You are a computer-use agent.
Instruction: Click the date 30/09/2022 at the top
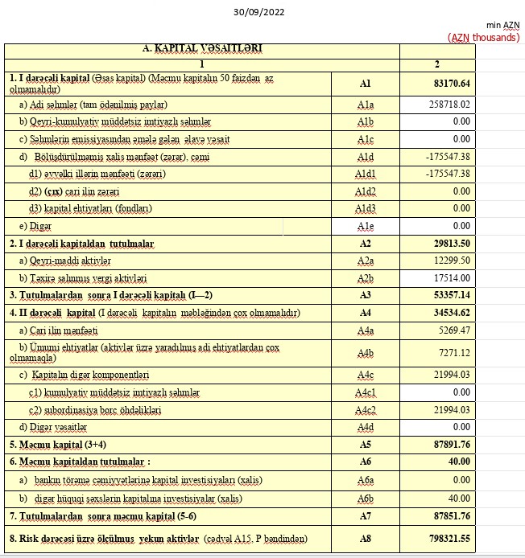tap(258, 12)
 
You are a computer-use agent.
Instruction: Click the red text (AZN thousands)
tap(483, 37)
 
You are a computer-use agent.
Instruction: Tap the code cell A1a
tap(365, 105)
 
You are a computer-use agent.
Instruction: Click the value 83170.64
tap(451, 84)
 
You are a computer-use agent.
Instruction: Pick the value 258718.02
tap(450, 105)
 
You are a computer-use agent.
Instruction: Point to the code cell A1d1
tap(365, 174)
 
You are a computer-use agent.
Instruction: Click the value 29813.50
tap(451, 243)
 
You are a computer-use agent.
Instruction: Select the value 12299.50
tap(452, 261)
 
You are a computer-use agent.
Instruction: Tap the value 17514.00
tap(452, 277)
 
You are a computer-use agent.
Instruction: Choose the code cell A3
tap(365, 295)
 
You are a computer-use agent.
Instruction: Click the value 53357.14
tap(451, 295)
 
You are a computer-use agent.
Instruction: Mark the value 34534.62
tap(451, 313)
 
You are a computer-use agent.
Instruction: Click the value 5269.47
tap(453, 330)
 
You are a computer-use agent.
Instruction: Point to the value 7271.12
tap(453, 352)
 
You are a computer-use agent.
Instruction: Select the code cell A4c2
tap(365, 409)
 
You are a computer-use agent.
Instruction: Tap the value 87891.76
tap(451, 445)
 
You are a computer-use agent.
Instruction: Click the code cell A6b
tap(365, 498)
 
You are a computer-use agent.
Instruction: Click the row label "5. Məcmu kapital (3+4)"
tap(60, 445)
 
